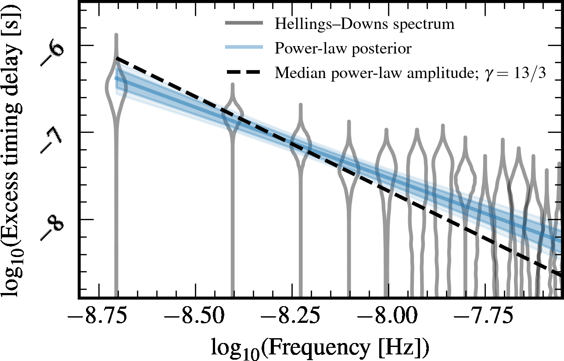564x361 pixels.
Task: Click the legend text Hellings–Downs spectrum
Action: tap(364, 24)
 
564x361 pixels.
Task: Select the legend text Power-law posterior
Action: tap(343, 48)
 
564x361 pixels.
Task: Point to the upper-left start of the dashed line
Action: tap(117, 58)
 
